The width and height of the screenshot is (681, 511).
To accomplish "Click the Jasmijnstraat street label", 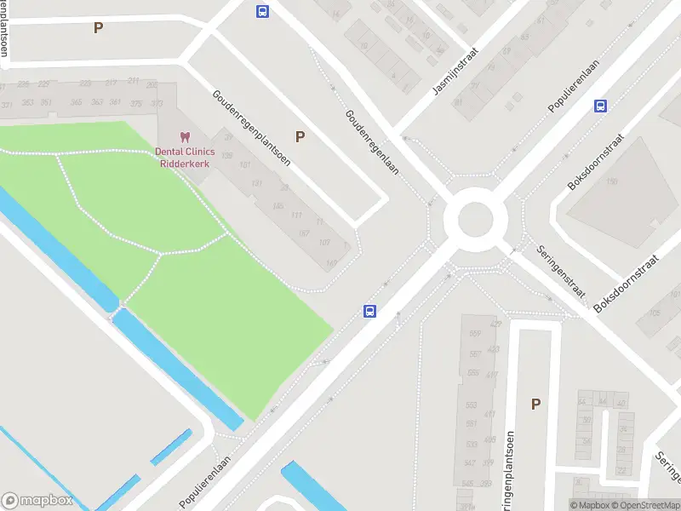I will coord(455,71).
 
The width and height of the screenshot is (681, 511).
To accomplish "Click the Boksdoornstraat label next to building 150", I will coord(597,162).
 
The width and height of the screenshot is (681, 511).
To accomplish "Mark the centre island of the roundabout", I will coord(476,221).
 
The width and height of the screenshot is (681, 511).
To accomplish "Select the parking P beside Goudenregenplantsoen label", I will coord(300,136).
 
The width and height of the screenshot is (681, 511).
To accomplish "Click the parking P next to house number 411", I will coord(535,405).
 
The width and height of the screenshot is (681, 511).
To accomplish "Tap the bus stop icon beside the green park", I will coord(370,311).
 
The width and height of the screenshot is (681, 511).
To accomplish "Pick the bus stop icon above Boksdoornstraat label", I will coord(600,106).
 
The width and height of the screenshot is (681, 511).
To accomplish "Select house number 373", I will coord(157,104).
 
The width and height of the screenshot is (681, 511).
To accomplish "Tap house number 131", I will coord(256,183).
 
